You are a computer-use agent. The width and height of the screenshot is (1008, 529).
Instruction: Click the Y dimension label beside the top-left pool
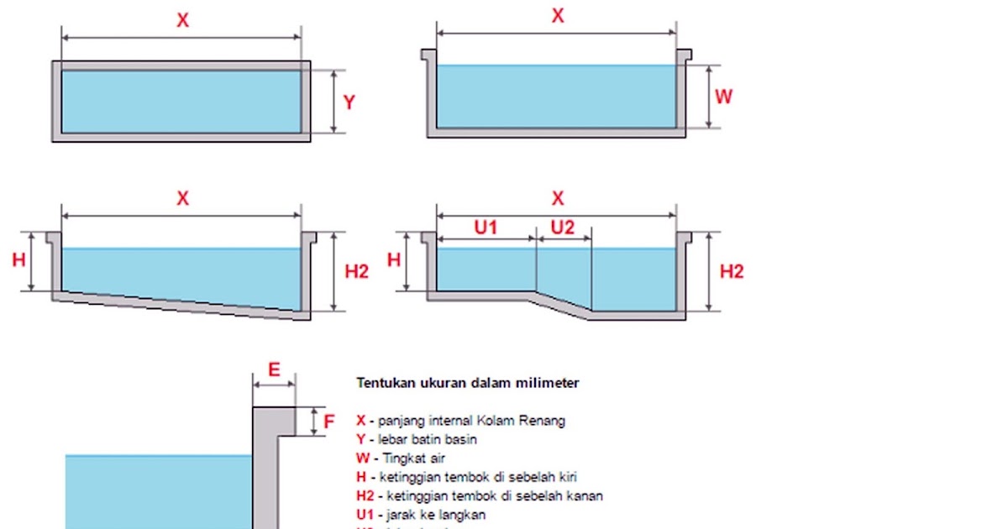click(x=349, y=102)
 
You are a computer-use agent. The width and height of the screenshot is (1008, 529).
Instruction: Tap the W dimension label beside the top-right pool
click(x=723, y=97)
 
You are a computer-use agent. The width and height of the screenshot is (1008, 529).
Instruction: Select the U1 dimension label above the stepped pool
click(x=486, y=228)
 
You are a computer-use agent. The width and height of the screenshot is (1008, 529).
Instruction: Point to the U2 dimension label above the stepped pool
click(x=563, y=228)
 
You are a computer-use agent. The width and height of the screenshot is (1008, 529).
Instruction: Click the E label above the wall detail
click(x=274, y=369)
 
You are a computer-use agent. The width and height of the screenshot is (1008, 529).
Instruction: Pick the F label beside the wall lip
click(x=329, y=421)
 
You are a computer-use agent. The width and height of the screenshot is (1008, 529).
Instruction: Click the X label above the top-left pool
click(x=182, y=21)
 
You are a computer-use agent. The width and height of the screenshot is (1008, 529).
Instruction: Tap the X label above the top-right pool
click(x=557, y=16)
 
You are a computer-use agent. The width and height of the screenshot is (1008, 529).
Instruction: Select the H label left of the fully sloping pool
click(x=18, y=260)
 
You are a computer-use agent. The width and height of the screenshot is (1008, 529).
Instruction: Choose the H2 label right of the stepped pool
click(x=732, y=271)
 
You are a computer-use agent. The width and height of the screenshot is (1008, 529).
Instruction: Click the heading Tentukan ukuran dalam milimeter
click(x=468, y=383)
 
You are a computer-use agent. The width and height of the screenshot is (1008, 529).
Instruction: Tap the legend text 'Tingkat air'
click(x=415, y=458)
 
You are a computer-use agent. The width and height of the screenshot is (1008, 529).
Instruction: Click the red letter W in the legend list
click(x=362, y=458)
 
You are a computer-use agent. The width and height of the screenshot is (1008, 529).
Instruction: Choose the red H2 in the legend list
click(x=365, y=496)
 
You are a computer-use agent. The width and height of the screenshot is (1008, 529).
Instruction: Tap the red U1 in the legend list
click(x=365, y=515)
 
